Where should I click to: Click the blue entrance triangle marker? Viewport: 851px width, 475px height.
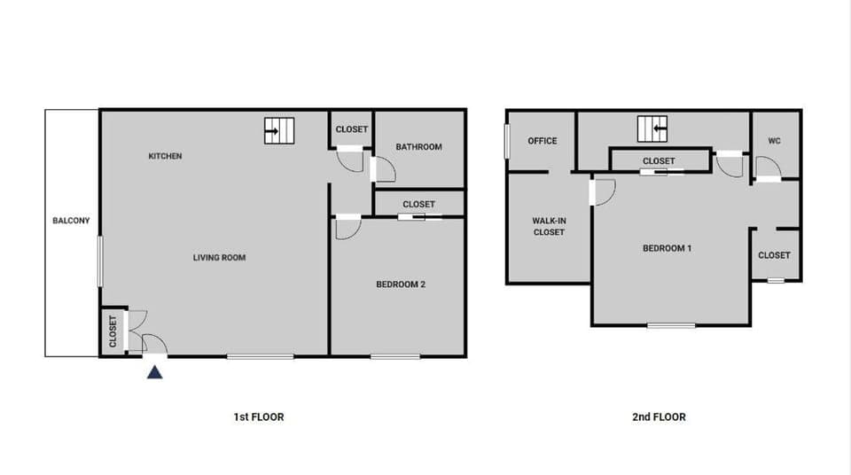pyautogui.click(x=155, y=372)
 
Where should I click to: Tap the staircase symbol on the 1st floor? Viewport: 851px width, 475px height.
pyautogui.click(x=278, y=131)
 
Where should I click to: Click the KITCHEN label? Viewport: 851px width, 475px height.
pyautogui.click(x=165, y=156)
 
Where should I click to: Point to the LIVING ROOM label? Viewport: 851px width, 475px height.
pyautogui.click(x=219, y=258)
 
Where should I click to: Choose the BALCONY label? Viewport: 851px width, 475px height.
pyautogui.click(x=71, y=221)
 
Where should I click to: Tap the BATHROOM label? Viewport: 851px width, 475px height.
pyautogui.click(x=418, y=147)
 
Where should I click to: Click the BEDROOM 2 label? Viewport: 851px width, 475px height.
pyautogui.click(x=401, y=284)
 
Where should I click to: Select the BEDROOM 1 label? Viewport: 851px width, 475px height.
pyautogui.click(x=667, y=248)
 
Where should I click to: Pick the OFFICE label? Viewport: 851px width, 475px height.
pyautogui.click(x=543, y=141)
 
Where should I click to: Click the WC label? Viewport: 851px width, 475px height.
pyautogui.click(x=775, y=141)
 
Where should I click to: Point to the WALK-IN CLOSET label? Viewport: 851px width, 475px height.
pyautogui.click(x=549, y=227)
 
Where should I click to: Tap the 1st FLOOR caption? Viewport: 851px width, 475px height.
pyautogui.click(x=258, y=417)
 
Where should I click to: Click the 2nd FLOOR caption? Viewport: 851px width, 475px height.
pyautogui.click(x=660, y=417)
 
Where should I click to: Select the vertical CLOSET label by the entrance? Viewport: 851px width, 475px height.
pyautogui.click(x=113, y=331)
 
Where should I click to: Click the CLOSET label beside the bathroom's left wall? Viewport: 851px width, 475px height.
pyautogui.click(x=352, y=129)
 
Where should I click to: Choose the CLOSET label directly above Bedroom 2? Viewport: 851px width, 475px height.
pyautogui.click(x=418, y=204)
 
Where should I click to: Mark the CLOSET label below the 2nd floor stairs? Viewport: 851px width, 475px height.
pyautogui.click(x=659, y=160)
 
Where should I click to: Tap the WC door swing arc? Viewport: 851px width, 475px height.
pyautogui.click(x=769, y=167)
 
